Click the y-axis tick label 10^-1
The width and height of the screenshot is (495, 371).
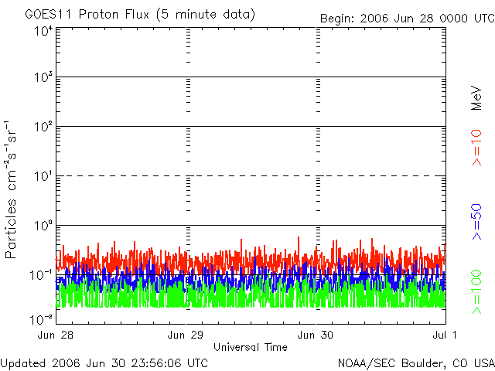(x=43, y=274)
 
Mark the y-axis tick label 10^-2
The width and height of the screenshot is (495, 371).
(x=43, y=318)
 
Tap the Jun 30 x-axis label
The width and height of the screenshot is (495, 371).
(x=317, y=335)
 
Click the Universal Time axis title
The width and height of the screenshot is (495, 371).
(x=251, y=347)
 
